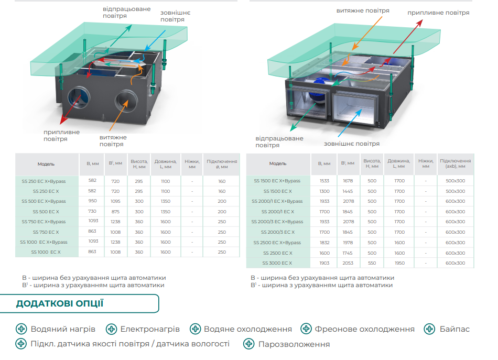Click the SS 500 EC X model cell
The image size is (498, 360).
(x=46, y=211)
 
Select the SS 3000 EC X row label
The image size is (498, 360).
(x=277, y=263)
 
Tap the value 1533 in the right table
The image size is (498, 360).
(x=324, y=181)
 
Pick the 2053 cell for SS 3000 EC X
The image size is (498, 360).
(x=348, y=263)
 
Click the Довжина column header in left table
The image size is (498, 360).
(x=166, y=164)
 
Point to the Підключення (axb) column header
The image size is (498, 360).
(x=455, y=163)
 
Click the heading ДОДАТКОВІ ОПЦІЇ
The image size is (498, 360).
(x=60, y=303)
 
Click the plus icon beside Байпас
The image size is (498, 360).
(x=429, y=329)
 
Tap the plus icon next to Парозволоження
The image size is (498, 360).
(x=248, y=344)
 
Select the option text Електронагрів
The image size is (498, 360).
(x=150, y=329)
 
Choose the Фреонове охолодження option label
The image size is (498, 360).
(x=365, y=329)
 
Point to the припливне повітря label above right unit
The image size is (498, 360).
(x=438, y=13)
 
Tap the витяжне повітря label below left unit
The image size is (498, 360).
(x=113, y=140)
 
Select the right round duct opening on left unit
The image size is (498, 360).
(x=126, y=101)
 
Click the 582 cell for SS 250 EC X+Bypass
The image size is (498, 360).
(x=92, y=180)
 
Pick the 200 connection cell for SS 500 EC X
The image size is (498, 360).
(x=222, y=211)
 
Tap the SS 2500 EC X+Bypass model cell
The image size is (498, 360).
(x=277, y=243)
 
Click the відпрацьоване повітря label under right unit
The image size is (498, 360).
(x=279, y=141)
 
